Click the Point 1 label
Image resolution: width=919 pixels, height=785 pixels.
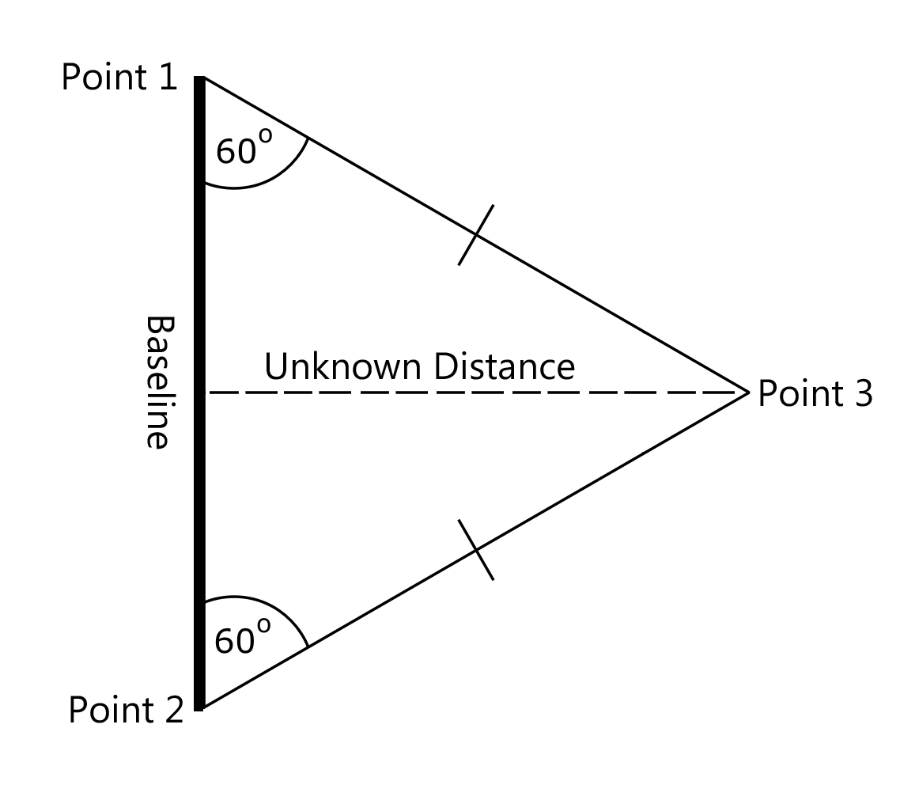(x=119, y=78)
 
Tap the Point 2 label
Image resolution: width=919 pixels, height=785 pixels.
(x=125, y=710)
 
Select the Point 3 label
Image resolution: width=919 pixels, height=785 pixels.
(x=815, y=393)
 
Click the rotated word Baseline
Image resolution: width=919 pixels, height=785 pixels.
(x=158, y=382)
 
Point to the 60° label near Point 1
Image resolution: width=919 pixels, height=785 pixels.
(x=243, y=149)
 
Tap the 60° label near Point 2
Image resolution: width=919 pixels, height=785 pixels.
(x=241, y=639)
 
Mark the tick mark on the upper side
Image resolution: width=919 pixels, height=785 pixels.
(x=476, y=234)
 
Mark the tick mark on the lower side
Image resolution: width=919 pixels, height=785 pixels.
(x=476, y=550)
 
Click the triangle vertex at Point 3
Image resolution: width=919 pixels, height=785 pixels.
(x=747, y=392)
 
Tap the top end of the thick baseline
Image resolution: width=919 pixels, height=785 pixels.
(x=200, y=79)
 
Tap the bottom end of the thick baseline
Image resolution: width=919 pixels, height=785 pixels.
(x=200, y=707)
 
